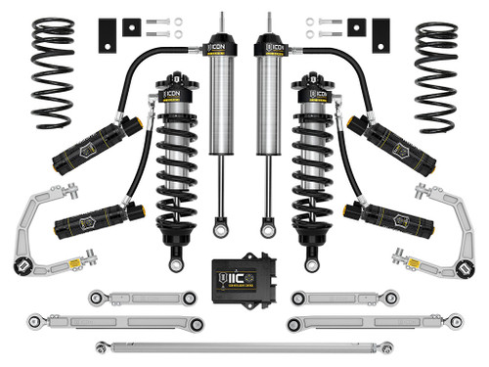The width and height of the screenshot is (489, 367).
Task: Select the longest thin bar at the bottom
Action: (244, 344)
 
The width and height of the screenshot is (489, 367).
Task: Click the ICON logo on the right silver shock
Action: (271, 45)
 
